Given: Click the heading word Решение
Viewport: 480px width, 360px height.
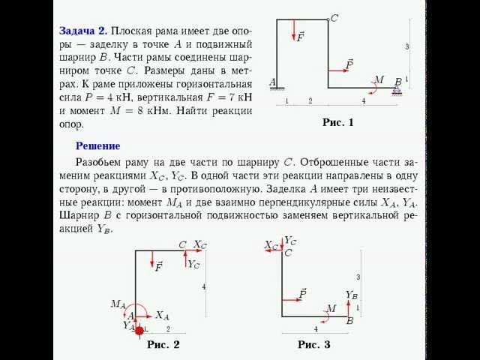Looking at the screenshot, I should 97,145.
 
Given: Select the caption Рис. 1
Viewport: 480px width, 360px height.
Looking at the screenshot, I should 337,123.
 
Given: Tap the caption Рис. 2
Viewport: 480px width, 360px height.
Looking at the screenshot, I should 163,344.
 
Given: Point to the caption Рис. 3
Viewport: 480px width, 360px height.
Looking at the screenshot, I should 313,344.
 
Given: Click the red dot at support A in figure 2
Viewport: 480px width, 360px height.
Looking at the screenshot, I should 139,329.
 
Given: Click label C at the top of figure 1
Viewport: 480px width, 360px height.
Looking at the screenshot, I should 334,18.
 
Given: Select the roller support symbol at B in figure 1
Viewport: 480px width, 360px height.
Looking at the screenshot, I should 397,90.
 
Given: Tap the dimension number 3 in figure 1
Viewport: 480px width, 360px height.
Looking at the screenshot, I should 407,46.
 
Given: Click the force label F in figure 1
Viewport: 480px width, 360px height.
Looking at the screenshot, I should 301,37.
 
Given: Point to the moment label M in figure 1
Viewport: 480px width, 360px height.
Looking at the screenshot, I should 379,79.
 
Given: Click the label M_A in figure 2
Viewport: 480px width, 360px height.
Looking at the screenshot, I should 118,304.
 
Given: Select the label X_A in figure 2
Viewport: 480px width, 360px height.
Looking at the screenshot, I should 163,316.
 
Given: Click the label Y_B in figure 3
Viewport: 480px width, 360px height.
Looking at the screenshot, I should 352,295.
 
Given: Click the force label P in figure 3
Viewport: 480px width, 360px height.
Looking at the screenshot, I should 302,292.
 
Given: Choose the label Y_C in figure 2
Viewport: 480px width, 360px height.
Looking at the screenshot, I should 193,264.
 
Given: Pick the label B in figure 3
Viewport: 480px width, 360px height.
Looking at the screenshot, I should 349,321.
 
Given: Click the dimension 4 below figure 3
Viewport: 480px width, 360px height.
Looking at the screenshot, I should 316,329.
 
